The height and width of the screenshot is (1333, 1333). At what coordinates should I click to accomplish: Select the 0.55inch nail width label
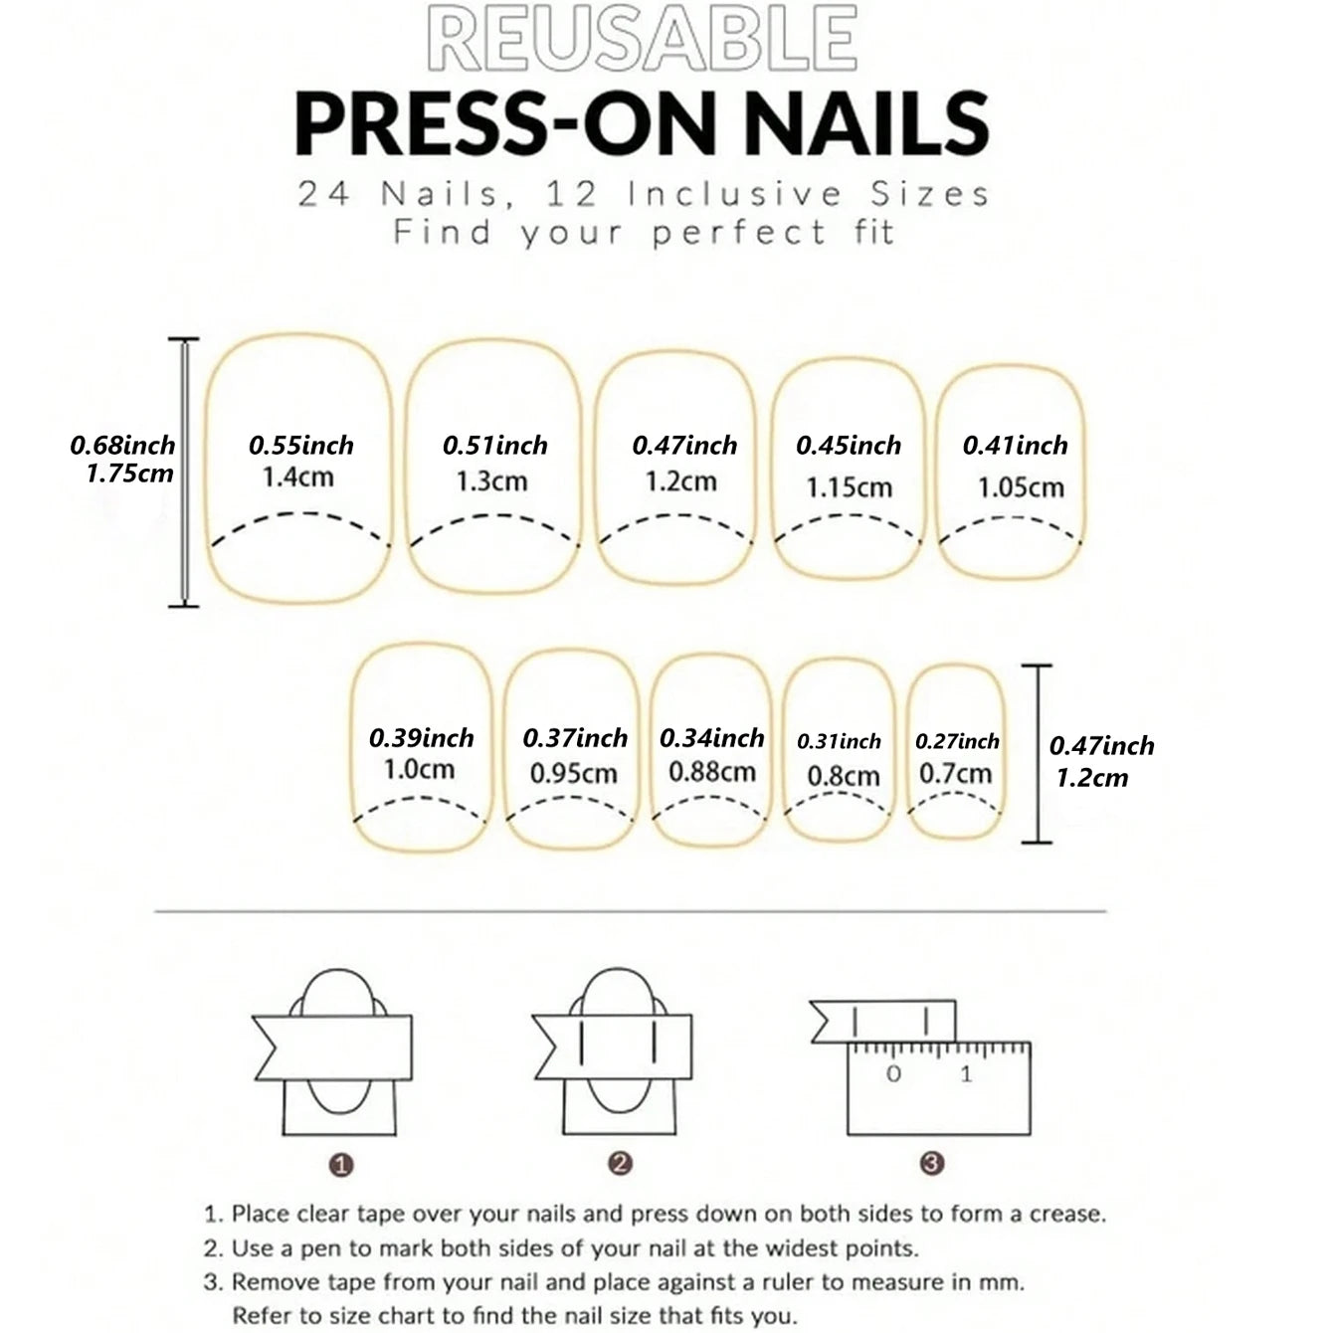point(301,446)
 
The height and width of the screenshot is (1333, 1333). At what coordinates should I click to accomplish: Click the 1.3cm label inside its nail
point(491,481)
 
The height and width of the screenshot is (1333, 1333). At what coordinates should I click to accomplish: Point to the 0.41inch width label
point(1015,446)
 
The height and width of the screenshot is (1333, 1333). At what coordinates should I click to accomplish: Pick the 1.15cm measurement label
point(849,487)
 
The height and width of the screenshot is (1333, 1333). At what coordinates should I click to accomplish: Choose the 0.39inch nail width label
point(421,738)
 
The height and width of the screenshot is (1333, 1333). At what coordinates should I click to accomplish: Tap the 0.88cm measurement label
point(712,772)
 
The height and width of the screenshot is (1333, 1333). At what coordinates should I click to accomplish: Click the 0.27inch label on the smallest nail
point(957,741)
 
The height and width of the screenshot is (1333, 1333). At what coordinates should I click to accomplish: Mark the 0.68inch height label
point(122,446)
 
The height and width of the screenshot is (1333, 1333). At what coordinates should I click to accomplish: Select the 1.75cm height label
point(129,474)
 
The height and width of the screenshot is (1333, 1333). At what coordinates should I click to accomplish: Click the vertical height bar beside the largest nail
point(184,473)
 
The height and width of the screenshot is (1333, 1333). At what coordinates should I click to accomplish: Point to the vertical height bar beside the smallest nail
point(1038,754)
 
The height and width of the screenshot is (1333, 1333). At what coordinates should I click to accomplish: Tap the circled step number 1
point(341,1164)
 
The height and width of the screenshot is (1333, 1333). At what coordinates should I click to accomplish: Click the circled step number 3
point(931,1163)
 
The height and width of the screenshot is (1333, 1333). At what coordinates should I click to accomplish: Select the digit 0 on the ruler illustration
point(893,1073)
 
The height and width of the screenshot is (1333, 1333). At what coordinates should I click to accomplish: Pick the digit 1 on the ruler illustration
point(966,1073)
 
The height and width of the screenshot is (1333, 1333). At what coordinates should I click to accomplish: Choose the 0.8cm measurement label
point(844,776)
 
